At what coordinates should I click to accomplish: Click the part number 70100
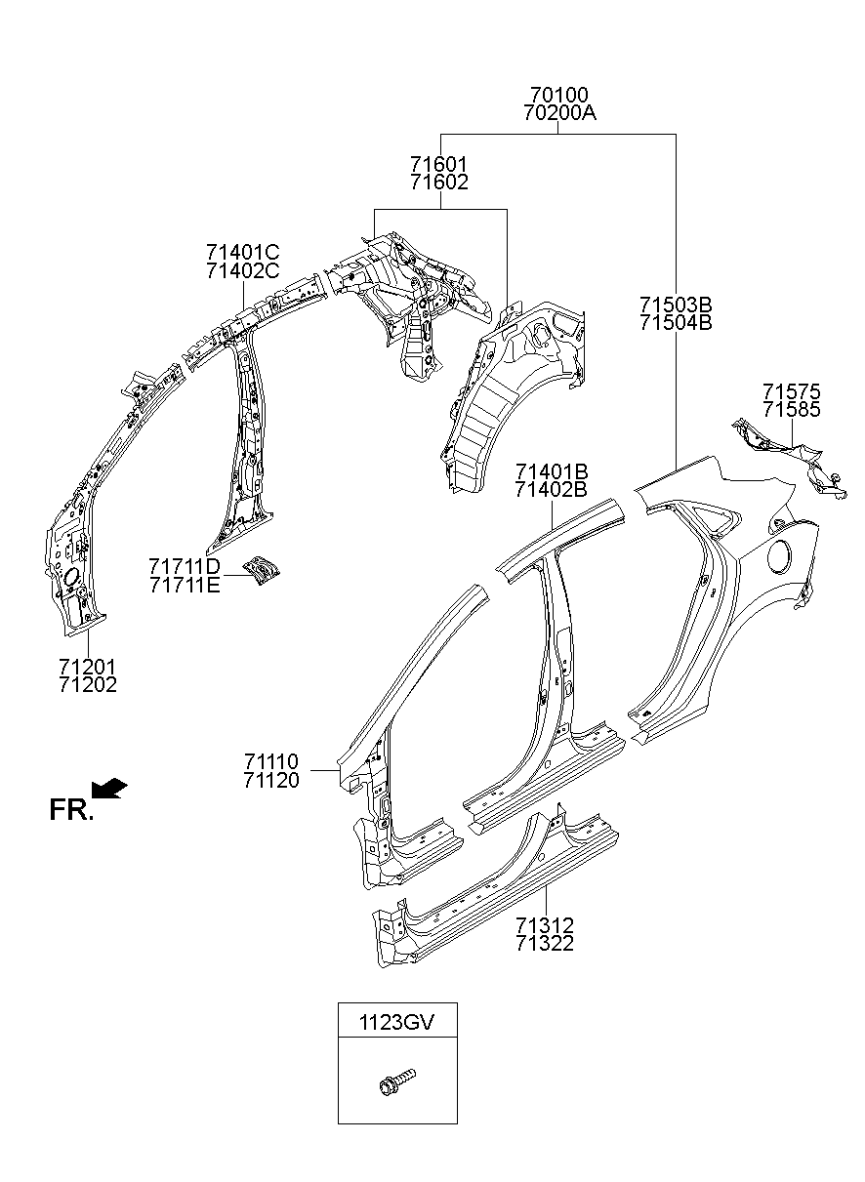pyautogui.click(x=558, y=95)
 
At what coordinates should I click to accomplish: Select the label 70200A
pyautogui.click(x=558, y=113)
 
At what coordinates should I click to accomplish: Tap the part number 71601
pyautogui.click(x=438, y=163)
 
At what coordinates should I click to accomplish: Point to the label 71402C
pyautogui.click(x=242, y=270)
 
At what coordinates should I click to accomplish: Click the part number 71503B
pyautogui.click(x=676, y=304)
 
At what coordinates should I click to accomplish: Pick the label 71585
pyautogui.click(x=791, y=410)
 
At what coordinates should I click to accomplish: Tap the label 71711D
pyautogui.click(x=185, y=566)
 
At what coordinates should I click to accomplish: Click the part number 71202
pyautogui.click(x=87, y=685)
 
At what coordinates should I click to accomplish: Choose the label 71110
pyautogui.click(x=271, y=760)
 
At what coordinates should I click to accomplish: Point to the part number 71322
pyautogui.click(x=545, y=943)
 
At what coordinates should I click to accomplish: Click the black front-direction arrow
pyautogui.click(x=109, y=787)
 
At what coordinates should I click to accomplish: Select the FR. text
pyautogui.click(x=71, y=809)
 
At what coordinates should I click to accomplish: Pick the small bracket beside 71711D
pyautogui.click(x=261, y=569)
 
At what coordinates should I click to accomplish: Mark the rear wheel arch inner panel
pyautogui.click(x=508, y=390)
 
